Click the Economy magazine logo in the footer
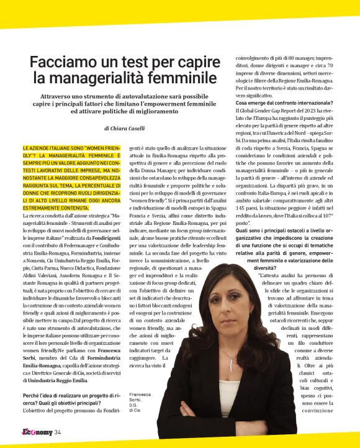[x=34, y=432]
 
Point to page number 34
[x=57, y=432]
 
